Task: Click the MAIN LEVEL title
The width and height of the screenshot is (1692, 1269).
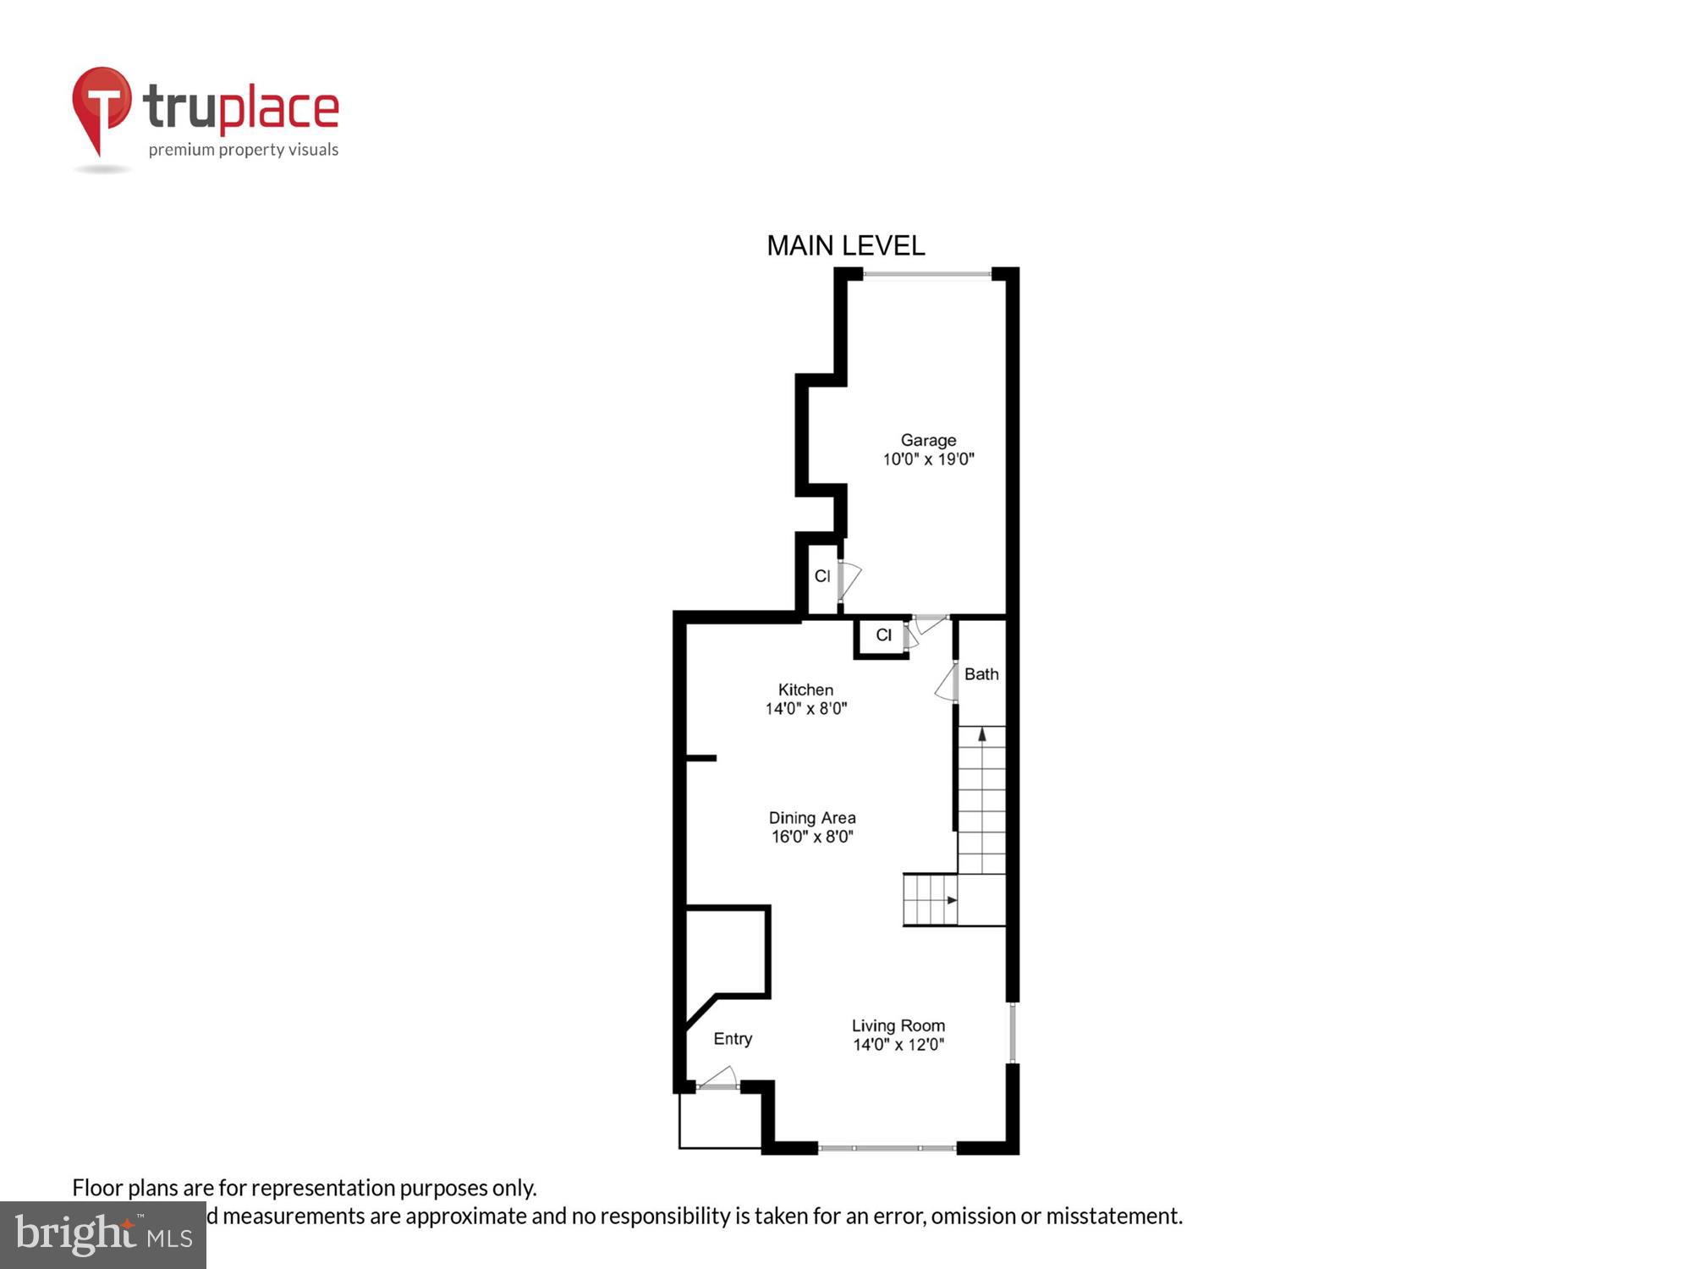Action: coord(845,246)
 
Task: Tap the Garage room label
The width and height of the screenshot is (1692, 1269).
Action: coord(928,440)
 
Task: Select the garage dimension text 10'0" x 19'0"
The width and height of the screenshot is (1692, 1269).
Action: coord(928,459)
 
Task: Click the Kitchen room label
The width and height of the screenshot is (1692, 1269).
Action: coord(805,689)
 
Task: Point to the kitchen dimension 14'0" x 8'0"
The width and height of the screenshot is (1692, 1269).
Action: coord(805,709)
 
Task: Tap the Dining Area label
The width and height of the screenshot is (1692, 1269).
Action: coord(812,817)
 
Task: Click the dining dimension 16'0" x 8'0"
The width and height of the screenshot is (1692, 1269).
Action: coord(812,837)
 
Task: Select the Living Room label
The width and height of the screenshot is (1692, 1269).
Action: coord(898,1025)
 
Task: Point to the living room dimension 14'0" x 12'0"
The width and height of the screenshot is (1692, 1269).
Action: coord(898,1045)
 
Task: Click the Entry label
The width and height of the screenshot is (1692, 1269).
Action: coord(733,1039)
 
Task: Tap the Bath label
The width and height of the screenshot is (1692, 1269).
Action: coord(981,674)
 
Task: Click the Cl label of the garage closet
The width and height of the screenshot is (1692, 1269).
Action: coord(822,576)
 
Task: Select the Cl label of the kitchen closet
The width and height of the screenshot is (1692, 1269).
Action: coord(884,635)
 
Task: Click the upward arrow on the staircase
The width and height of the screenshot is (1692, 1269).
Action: coord(982,735)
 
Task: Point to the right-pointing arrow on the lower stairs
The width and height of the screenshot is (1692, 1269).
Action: coord(952,899)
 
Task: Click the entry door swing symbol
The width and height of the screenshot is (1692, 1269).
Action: coord(718,1078)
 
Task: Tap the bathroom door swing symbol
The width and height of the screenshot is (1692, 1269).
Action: coord(947,684)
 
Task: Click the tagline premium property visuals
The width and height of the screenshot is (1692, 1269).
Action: coord(244,151)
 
